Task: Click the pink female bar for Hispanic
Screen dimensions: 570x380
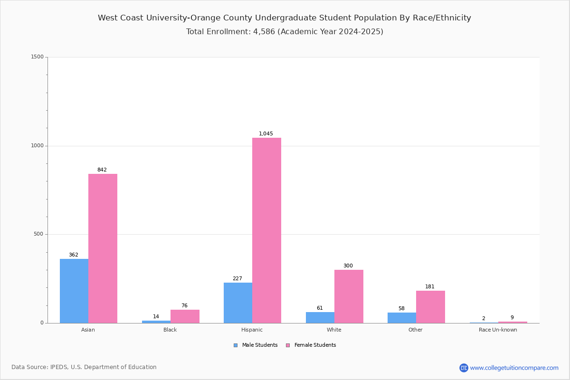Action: point(266,230)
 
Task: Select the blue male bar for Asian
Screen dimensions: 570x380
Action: point(74,291)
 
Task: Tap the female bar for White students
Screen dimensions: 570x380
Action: point(349,296)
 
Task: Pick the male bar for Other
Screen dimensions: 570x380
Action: point(402,318)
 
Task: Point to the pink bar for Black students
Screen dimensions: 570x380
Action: point(185,316)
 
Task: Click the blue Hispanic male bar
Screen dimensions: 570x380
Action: point(238,303)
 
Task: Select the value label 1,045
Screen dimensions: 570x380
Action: point(266,133)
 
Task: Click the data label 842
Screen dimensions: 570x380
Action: point(102,170)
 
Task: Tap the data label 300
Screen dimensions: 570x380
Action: point(348,266)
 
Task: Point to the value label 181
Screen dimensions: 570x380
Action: point(430,286)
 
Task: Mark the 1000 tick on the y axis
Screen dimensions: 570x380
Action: point(38,145)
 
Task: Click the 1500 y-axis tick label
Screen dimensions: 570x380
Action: point(38,57)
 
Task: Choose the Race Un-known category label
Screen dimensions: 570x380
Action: point(498,330)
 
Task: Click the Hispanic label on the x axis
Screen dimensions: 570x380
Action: point(252,330)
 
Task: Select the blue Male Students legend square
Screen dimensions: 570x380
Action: point(236,345)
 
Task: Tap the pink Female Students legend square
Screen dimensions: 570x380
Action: point(288,345)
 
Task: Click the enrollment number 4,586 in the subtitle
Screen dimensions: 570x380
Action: point(264,31)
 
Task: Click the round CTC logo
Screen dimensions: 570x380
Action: point(464,368)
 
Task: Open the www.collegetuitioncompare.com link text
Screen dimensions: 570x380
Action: point(514,368)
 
